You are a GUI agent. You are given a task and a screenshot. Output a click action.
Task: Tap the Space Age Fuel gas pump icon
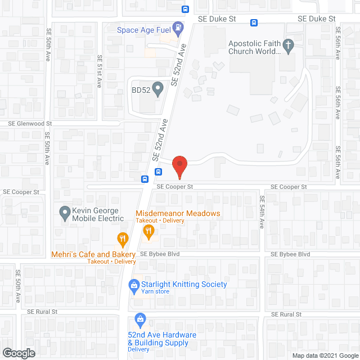pos(178,26)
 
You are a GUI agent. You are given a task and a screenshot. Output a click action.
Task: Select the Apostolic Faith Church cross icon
pos(289,47)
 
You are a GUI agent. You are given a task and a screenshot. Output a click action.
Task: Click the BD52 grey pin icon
pos(158,88)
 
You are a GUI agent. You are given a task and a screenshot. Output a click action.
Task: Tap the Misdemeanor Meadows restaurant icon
pos(148,231)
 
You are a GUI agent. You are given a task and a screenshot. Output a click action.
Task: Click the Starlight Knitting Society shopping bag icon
pos(134,286)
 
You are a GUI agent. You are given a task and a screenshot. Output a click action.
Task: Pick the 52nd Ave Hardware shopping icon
pos(140,321)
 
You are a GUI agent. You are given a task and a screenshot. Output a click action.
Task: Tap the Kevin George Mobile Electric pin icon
pos(64,213)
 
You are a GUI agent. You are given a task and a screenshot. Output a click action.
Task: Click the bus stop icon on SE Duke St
pos(254,23)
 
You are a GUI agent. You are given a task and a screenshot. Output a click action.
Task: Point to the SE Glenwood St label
pos(30,123)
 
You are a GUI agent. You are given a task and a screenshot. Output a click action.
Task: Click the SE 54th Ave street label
pos(262,211)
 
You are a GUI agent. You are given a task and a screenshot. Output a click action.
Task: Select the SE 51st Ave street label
pos(100,71)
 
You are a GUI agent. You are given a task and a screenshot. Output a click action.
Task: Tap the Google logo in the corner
pos(18,353)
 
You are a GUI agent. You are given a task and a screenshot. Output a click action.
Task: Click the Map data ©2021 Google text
pos(325,355)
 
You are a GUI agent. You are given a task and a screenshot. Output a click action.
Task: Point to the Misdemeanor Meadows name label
pos(178,214)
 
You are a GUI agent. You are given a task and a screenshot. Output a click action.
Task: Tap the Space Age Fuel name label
pos(143,30)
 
